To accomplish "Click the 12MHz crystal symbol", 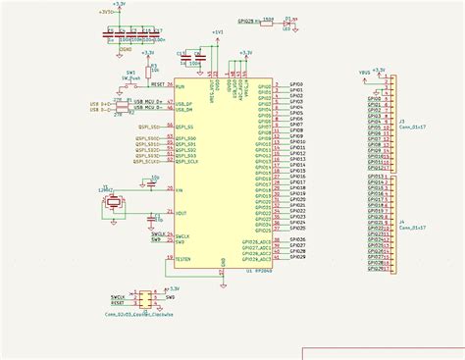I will [115, 202].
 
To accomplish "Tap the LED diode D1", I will [285, 20].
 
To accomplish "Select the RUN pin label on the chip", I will [181, 85].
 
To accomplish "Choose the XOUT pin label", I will [181, 211].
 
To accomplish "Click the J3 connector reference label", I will [401, 121].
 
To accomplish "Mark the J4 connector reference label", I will [401, 223].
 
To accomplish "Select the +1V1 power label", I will [217, 32].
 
